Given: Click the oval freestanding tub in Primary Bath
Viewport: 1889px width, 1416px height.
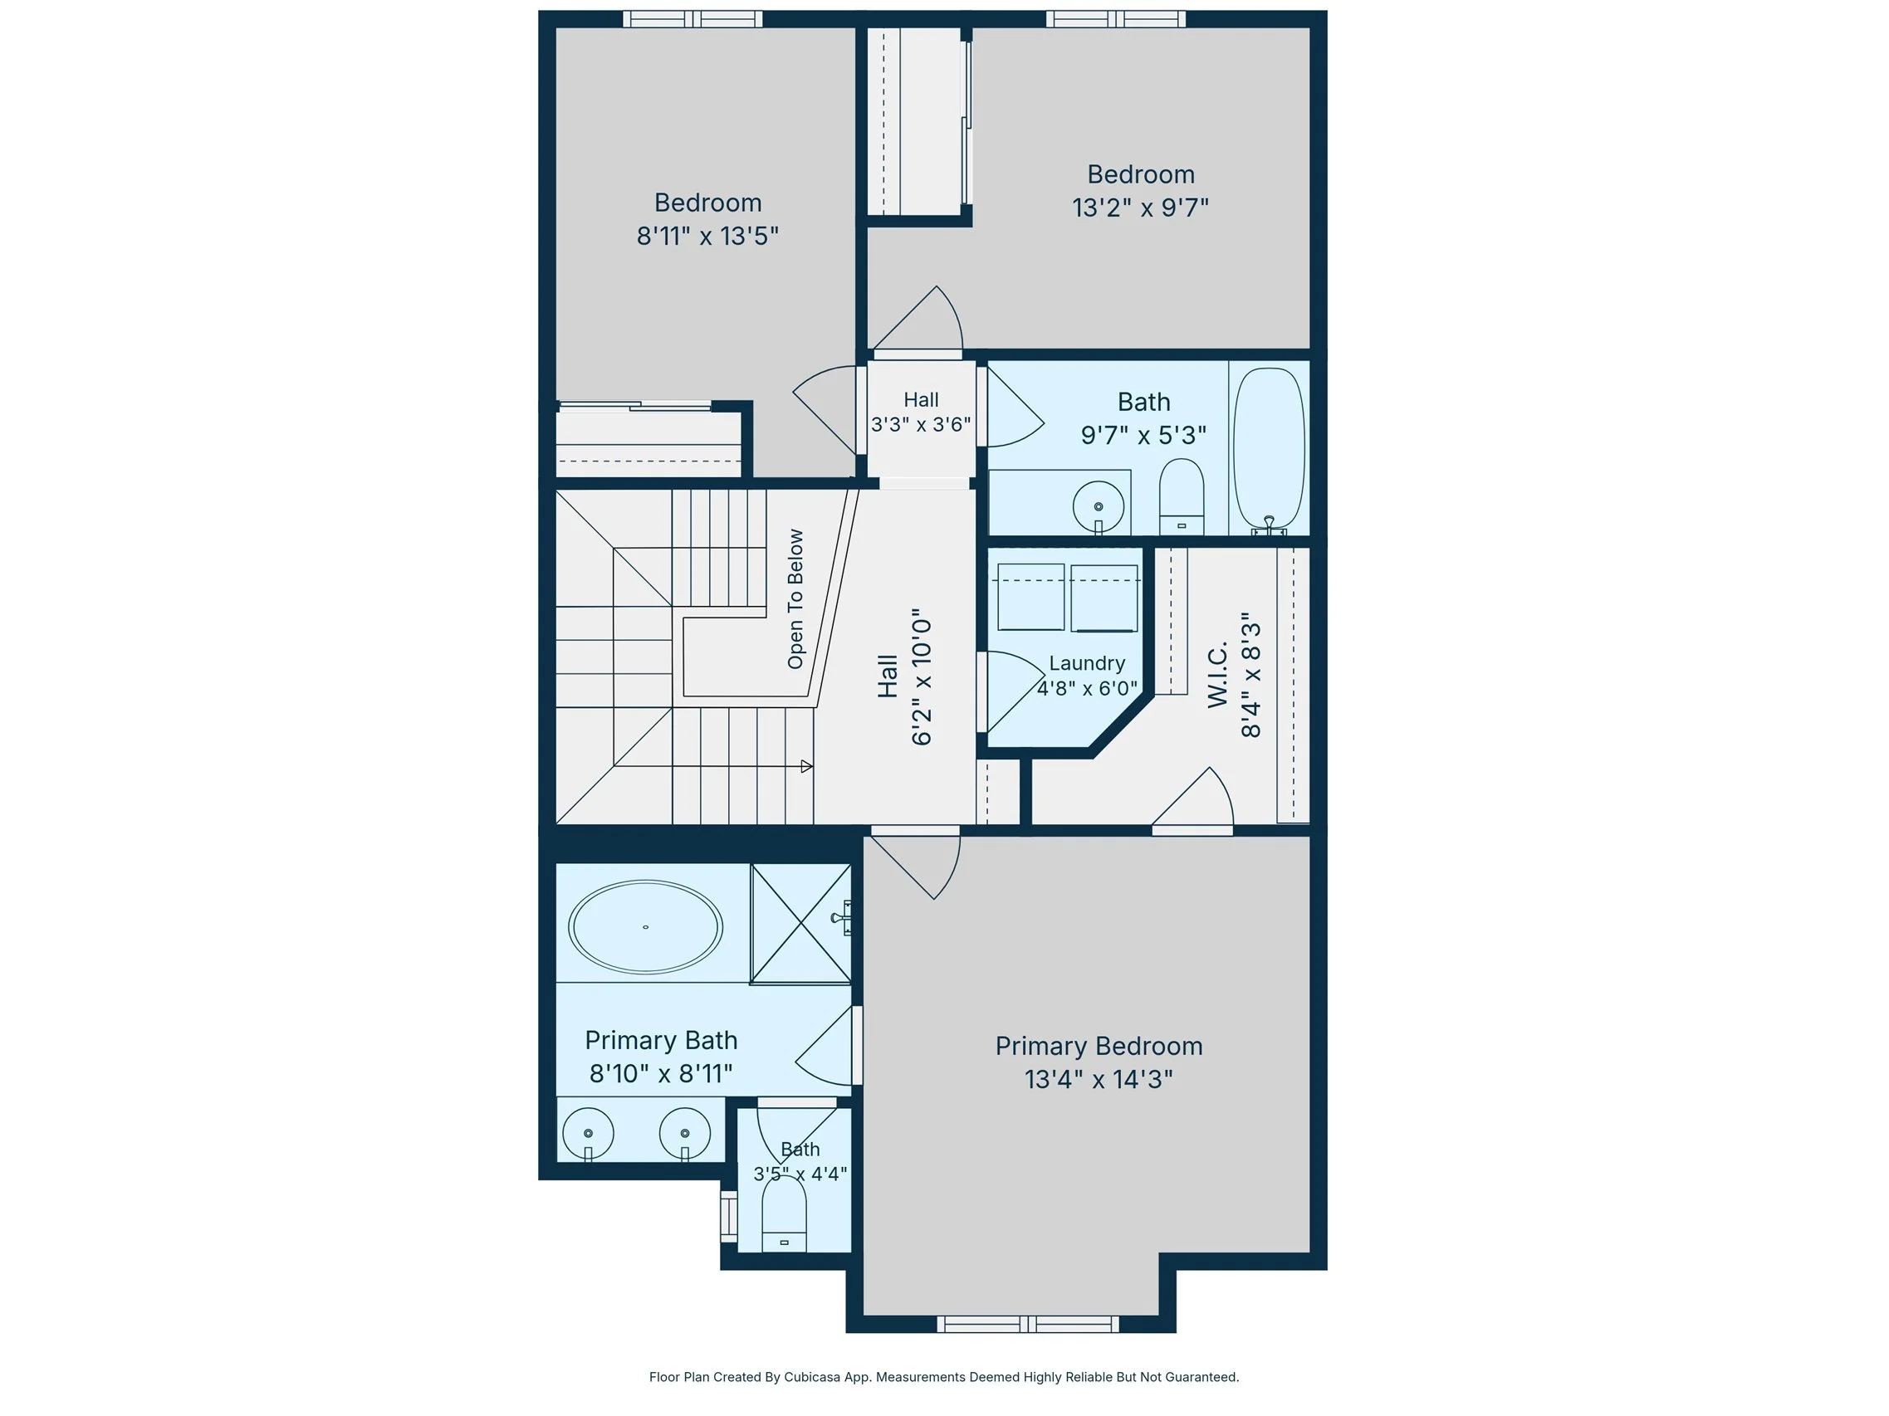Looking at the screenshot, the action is tap(646, 927).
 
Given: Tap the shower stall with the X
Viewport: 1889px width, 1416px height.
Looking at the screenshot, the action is tap(801, 924).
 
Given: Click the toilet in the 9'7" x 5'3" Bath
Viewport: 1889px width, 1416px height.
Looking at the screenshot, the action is tap(1181, 496).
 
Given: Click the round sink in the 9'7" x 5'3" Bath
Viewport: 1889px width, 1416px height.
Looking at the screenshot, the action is tap(1099, 506).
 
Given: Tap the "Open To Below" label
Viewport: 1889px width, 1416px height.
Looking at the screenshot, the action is tap(796, 599).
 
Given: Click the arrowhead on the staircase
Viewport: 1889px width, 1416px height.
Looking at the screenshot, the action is tap(806, 766).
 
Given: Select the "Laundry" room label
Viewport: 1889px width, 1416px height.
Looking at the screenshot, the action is tap(1086, 663).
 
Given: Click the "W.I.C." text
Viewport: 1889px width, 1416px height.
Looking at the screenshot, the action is tap(1218, 674).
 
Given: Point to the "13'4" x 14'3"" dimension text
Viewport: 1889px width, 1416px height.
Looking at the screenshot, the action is tap(1099, 1079).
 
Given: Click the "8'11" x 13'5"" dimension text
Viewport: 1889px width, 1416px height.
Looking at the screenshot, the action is tap(707, 236).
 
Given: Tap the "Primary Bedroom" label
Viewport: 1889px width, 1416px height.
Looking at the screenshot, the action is tap(1099, 1047).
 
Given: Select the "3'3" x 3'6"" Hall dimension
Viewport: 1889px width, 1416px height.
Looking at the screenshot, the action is tap(921, 424).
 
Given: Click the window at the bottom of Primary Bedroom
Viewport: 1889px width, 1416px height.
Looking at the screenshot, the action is tap(1028, 1324).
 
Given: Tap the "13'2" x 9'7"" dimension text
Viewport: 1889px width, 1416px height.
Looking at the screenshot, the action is tap(1140, 208).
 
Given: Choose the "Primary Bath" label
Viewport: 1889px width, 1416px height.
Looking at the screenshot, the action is tap(661, 1041).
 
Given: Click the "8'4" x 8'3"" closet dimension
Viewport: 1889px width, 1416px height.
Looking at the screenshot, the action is tap(1251, 674).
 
